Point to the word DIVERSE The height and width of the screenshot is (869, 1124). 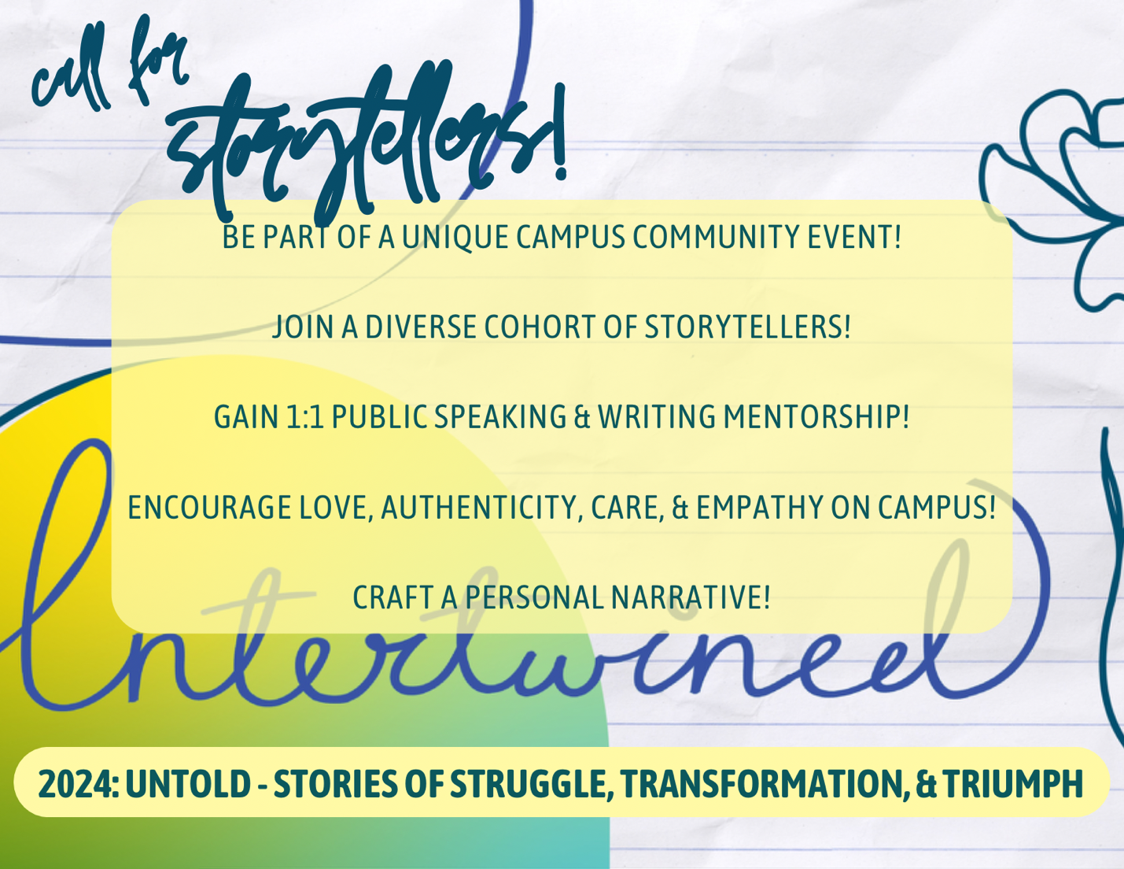[421, 327]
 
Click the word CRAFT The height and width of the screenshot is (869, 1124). [393, 597]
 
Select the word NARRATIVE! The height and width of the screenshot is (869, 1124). [691, 597]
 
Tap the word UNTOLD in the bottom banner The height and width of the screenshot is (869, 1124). [188, 784]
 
